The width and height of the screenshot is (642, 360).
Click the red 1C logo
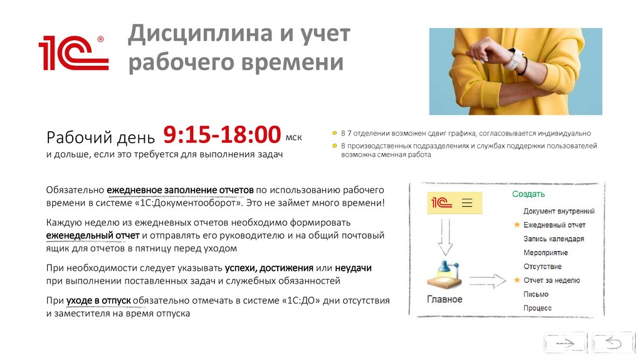click(x=73, y=53)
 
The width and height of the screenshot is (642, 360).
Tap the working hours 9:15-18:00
click(x=222, y=135)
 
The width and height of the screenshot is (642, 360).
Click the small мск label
click(x=293, y=135)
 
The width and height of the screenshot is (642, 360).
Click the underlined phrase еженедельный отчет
click(x=93, y=235)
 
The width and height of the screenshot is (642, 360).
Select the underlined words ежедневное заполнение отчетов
click(x=180, y=190)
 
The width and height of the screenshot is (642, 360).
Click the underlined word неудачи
click(x=353, y=268)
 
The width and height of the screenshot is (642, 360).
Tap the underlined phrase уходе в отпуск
click(x=97, y=300)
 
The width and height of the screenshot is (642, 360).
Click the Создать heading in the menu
click(x=529, y=194)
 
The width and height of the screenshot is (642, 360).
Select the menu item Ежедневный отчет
click(x=554, y=225)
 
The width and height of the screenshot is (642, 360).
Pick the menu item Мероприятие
click(x=545, y=253)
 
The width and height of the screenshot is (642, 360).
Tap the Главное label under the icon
click(x=445, y=299)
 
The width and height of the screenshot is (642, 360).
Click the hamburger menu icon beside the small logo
click(x=466, y=203)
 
